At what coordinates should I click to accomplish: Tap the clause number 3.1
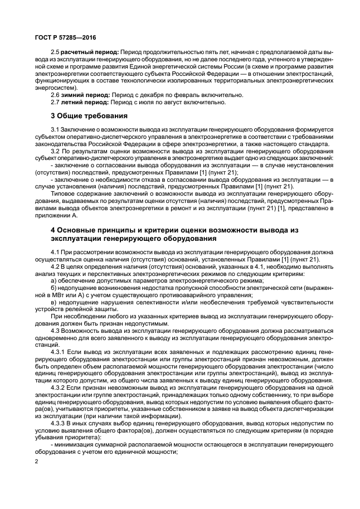point(54,129)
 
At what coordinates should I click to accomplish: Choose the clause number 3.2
point(54,151)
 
